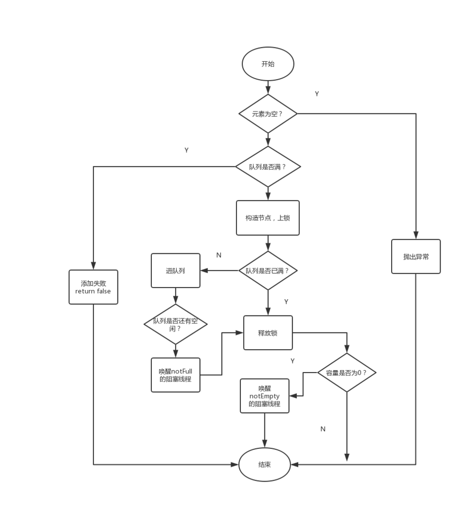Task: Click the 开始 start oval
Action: (x=268, y=64)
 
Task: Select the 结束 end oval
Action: (x=264, y=465)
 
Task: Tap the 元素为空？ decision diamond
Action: (x=268, y=113)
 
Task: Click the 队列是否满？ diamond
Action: (x=268, y=167)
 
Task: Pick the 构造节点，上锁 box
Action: (x=268, y=218)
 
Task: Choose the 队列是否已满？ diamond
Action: (x=268, y=270)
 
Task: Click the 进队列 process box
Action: (x=175, y=270)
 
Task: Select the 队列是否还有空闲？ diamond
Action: (x=175, y=324)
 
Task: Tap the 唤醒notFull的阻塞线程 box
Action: (x=175, y=375)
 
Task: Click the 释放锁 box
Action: (x=268, y=333)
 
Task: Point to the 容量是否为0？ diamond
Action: (x=347, y=373)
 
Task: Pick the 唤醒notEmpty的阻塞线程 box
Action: (x=264, y=396)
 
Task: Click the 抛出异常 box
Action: (x=416, y=256)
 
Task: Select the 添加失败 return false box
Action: (x=93, y=287)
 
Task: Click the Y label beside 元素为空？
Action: (x=317, y=94)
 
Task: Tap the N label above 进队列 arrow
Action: (x=219, y=255)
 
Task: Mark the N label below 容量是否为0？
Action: (x=323, y=429)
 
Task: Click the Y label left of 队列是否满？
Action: (x=187, y=150)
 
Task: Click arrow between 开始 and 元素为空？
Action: (x=268, y=88)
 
